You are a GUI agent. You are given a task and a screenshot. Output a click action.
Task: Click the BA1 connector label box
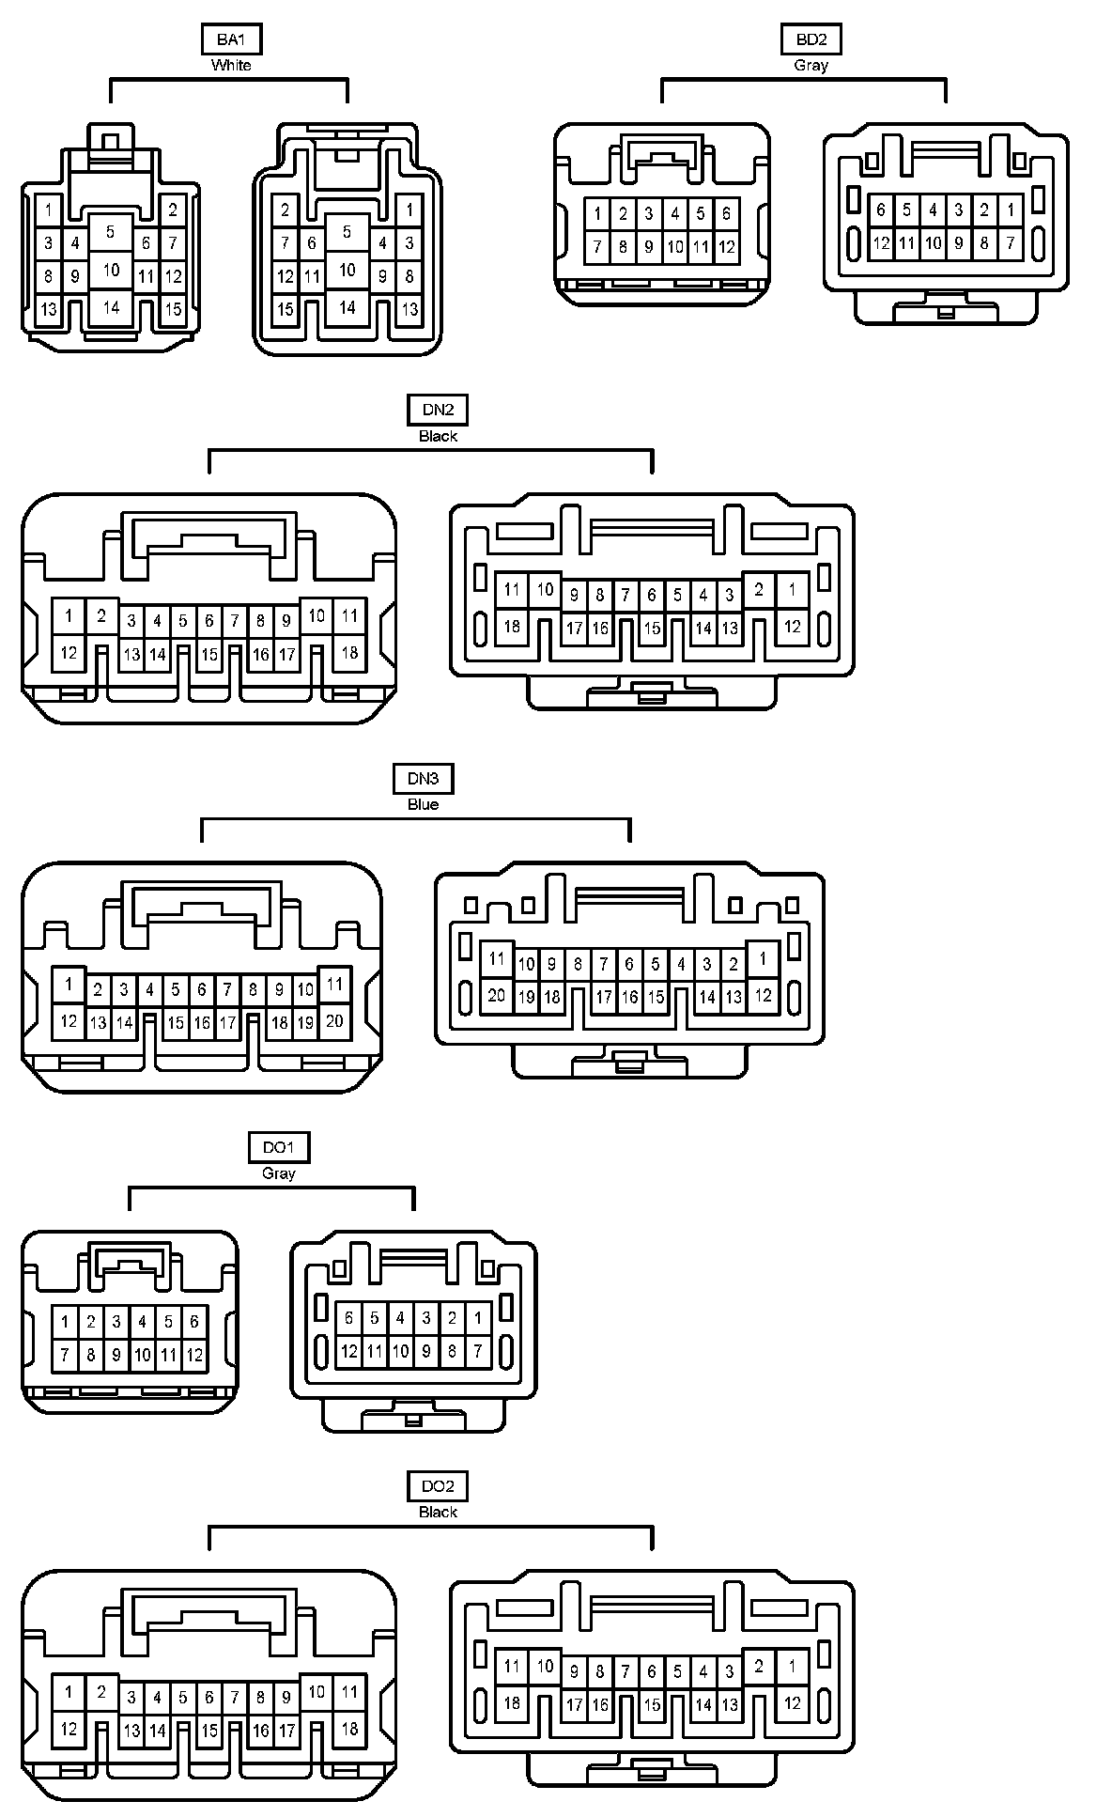[x=231, y=39]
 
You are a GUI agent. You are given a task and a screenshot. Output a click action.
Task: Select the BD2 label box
[x=811, y=39]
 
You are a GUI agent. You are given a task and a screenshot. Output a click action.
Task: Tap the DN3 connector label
[x=423, y=779]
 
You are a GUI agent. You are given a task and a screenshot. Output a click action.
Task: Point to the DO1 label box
[x=279, y=1147]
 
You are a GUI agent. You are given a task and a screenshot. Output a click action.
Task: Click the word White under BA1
[x=231, y=65]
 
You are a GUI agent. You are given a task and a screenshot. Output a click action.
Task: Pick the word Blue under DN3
[x=423, y=804]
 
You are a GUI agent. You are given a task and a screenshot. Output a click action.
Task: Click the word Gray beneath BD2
[x=811, y=65]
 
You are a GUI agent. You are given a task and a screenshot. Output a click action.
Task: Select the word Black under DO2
[x=438, y=1512]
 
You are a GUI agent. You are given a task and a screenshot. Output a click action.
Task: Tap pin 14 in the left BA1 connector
[x=112, y=307]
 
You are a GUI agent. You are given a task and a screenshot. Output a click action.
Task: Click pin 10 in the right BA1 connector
[x=347, y=271]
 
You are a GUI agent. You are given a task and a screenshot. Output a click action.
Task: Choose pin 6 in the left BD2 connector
[x=726, y=213]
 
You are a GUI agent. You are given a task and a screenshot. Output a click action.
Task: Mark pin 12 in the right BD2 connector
[x=880, y=243]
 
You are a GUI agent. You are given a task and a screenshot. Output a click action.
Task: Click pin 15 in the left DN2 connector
[x=209, y=654]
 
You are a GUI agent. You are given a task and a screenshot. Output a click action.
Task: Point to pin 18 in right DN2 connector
[x=512, y=625]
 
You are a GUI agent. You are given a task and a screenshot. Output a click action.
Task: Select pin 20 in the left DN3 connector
[x=334, y=1021]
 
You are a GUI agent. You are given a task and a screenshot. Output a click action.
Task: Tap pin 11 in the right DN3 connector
[x=497, y=960]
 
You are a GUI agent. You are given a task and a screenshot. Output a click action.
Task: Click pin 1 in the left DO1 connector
[x=65, y=1322]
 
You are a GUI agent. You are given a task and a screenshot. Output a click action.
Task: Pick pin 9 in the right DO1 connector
[x=426, y=1351]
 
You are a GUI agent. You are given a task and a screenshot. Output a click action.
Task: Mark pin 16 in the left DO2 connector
[x=261, y=1730]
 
